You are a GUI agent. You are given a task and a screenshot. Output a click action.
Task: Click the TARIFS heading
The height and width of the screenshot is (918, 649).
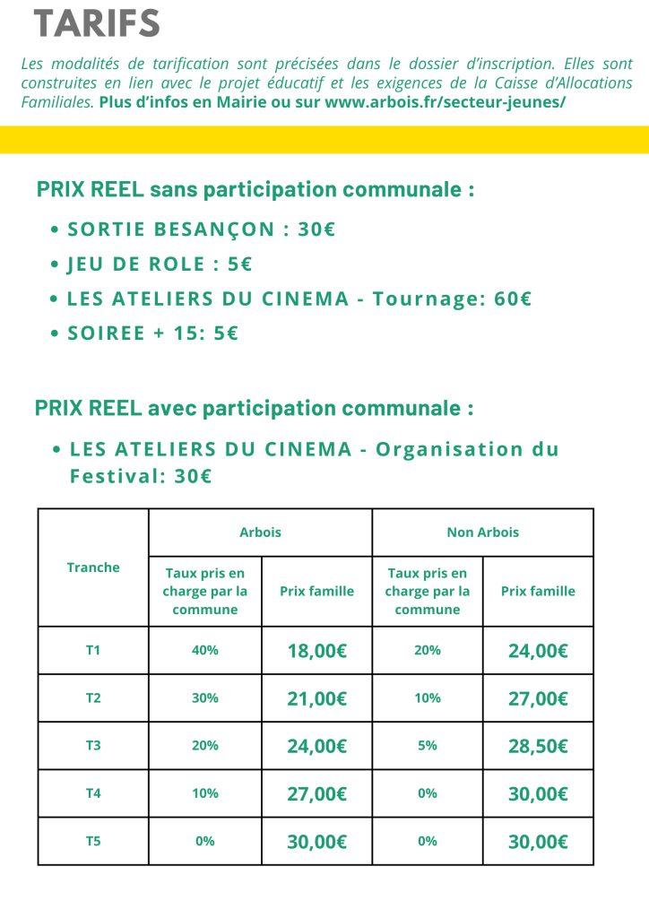click(97, 23)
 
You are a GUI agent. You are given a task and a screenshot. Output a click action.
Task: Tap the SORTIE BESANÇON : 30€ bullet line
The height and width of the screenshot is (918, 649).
click(201, 229)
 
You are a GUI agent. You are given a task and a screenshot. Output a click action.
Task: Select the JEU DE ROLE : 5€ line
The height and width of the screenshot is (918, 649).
click(159, 264)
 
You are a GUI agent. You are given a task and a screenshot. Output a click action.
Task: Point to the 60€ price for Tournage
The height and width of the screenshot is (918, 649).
click(513, 299)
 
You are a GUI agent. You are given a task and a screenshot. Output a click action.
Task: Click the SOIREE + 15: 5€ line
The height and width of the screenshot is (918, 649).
click(152, 333)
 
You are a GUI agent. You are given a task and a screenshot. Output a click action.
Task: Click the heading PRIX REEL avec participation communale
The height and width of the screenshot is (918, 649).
click(254, 408)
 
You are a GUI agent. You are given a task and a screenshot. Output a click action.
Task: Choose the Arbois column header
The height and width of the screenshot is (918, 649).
click(260, 532)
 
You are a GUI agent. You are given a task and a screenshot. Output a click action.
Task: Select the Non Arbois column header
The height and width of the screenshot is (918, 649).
click(482, 532)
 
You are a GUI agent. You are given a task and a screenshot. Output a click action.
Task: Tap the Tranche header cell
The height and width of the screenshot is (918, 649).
click(93, 567)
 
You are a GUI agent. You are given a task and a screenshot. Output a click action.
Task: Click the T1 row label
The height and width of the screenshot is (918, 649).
click(93, 650)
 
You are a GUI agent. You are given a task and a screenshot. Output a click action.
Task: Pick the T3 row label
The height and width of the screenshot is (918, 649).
click(93, 745)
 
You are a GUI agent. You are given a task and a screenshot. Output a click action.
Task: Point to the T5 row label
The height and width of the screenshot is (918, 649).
click(93, 841)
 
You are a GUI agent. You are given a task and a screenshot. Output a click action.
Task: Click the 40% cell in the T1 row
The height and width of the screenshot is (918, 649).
click(205, 650)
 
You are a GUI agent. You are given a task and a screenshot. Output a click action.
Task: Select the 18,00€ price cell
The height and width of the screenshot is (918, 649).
click(316, 651)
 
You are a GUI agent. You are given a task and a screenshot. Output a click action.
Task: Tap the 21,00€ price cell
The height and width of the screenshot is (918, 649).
click(316, 698)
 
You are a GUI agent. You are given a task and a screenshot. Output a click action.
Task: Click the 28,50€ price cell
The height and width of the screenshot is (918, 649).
click(538, 746)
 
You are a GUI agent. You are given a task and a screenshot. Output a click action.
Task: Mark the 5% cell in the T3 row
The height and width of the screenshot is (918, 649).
click(428, 745)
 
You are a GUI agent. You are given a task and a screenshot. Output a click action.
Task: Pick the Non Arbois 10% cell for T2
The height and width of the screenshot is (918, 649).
click(428, 697)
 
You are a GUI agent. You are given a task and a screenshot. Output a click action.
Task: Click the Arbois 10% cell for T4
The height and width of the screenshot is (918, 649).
click(205, 793)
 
